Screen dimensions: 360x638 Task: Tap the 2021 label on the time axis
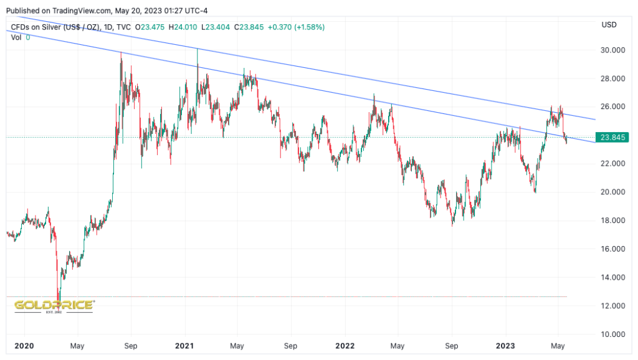coord(185,346)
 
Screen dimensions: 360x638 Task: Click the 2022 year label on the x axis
coord(345,346)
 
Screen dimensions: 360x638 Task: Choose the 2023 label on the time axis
coord(505,346)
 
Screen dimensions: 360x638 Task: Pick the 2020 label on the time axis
coord(24,346)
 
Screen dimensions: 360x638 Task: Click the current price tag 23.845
coord(611,137)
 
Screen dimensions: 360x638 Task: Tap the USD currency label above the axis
coord(608,24)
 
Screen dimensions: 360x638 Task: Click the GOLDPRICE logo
coord(54,305)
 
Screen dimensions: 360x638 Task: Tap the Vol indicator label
coord(16,37)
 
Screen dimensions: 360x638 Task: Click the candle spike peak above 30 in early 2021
coord(198,49)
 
